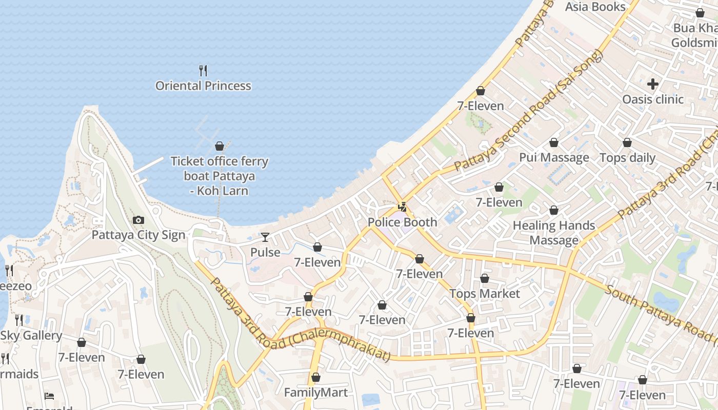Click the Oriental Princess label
pos(203,86)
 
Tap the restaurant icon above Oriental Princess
pos(203,70)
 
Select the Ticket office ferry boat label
pos(219,176)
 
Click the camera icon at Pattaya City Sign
pos(138,220)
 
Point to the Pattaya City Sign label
pos(138,235)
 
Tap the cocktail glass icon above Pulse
pos(265,237)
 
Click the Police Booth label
pos(402,222)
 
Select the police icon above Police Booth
pos(403,207)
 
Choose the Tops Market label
pos(484,294)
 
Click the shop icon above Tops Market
pos(484,278)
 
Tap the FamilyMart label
pos(315,393)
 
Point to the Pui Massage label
pos(554,157)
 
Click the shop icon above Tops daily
pos(627,142)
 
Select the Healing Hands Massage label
pos(554,233)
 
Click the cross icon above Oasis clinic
pos(652,84)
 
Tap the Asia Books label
pos(595,7)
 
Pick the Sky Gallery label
pos(31,336)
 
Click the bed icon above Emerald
pos(49,396)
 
